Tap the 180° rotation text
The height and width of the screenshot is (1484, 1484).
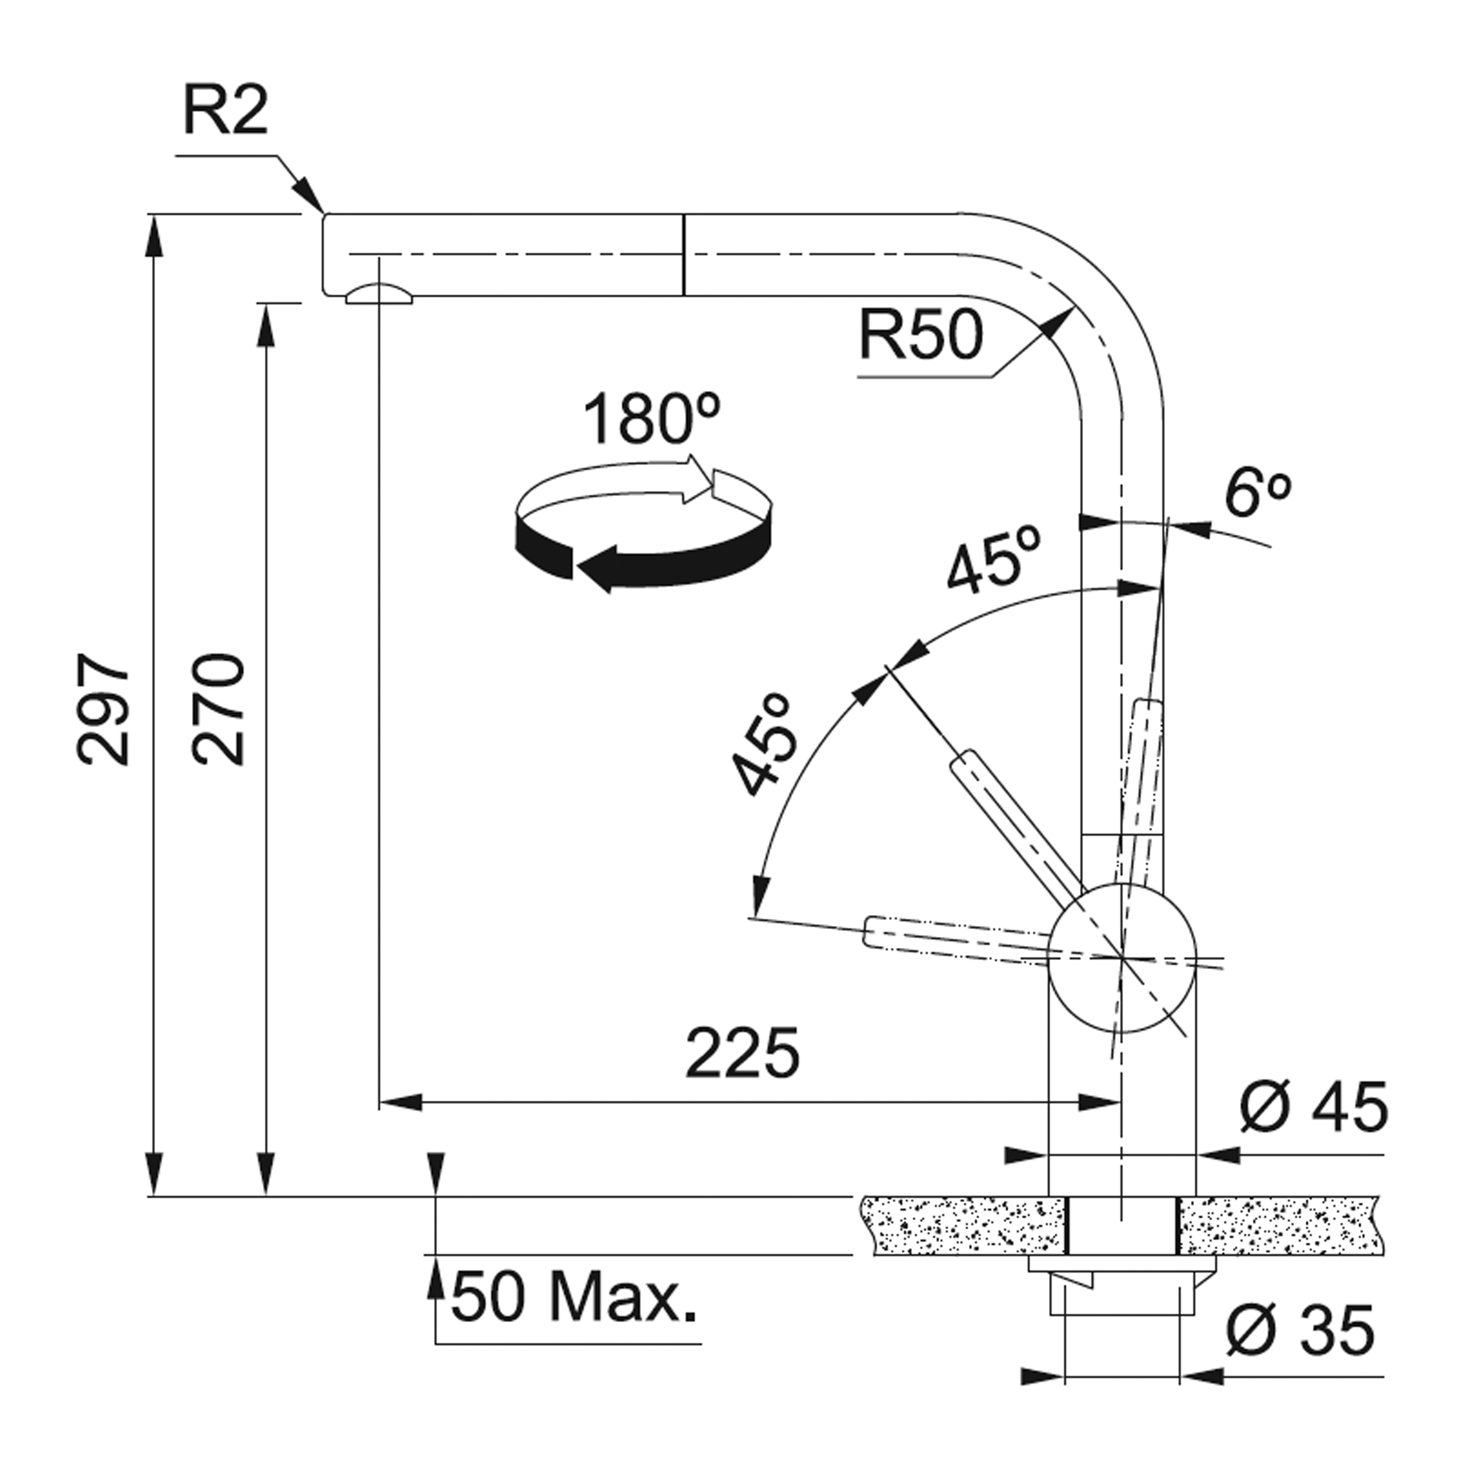(x=651, y=420)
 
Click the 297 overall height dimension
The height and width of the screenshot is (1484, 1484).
(x=104, y=709)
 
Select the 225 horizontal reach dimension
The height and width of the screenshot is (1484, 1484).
(x=742, y=1054)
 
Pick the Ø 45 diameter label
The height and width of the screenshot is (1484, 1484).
(x=1314, y=1108)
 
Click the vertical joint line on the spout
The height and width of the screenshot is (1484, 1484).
(x=682, y=255)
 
